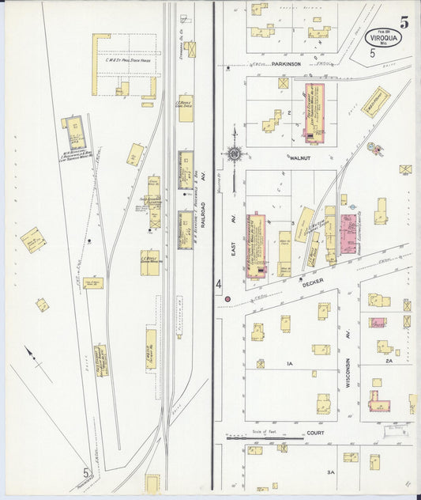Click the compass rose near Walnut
coord(235,153)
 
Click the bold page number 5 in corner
coord(404,21)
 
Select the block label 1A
coord(290,363)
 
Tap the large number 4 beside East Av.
coord(219,283)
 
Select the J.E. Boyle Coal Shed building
coord(186,108)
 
